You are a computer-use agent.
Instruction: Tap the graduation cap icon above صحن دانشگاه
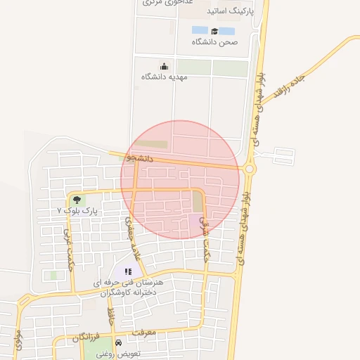click(213, 31)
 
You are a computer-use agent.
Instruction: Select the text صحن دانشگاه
click(215, 42)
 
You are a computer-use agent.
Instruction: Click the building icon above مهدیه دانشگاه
click(165, 66)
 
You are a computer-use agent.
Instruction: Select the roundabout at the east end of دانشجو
click(249, 168)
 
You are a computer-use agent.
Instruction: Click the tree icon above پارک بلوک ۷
click(77, 200)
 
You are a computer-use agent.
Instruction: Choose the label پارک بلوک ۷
click(79, 210)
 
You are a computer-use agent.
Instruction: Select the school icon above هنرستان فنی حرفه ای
click(128, 271)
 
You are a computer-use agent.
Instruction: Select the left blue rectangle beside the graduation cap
click(200, 30)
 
